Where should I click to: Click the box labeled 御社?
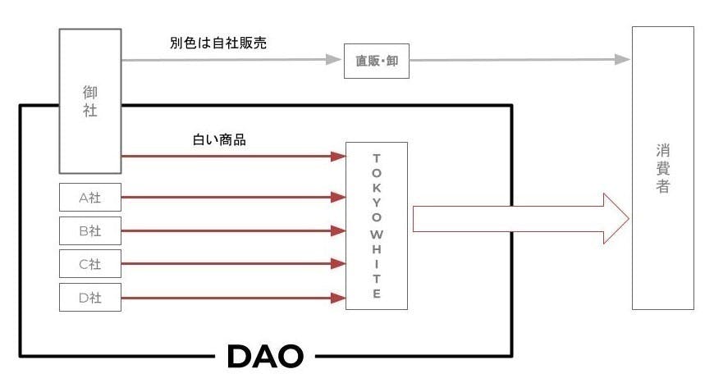[x=90, y=101]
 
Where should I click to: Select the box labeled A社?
[x=90, y=198]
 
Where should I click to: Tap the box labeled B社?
[x=90, y=230]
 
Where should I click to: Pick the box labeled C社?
[x=90, y=263]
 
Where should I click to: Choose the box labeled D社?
[x=90, y=297]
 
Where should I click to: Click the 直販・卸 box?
[x=376, y=62]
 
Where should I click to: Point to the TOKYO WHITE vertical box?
[x=377, y=226]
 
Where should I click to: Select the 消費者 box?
[x=663, y=167]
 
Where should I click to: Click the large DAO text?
[x=264, y=355]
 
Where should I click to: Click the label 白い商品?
[x=218, y=139]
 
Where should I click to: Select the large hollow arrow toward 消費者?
[x=520, y=219]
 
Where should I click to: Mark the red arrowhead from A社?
[x=337, y=198]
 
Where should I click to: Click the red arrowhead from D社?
[x=337, y=297]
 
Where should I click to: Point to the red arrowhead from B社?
[x=337, y=230]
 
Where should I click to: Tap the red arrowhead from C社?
[x=337, y=263]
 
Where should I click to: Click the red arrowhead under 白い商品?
[x=337, y=156]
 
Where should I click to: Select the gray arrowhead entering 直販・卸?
[x=335, y=60]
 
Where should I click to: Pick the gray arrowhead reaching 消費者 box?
[x=623, y=60]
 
